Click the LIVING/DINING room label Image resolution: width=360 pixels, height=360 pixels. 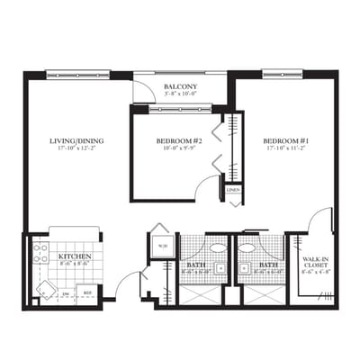[79, 141]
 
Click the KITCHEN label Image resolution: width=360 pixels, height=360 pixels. [76, 256]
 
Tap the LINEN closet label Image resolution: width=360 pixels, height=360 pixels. [233, 191]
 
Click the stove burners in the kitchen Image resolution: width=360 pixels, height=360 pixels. [40, 253]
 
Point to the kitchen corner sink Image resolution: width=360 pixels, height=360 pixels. [42, 289]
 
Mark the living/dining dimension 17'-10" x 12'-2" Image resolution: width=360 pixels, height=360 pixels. [79, 149]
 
